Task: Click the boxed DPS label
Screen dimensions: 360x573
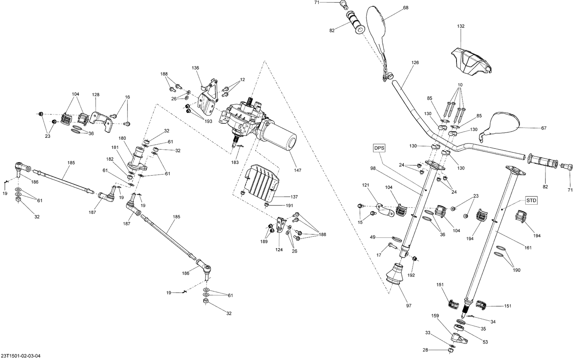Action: [379, 148]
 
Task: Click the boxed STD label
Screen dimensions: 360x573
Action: [531, 200]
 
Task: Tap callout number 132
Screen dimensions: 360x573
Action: [460, 26]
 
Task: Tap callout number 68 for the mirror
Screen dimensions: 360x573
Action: [406, 8]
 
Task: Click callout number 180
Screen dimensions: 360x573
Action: [122, 138]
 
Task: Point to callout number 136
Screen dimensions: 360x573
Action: [195, 68]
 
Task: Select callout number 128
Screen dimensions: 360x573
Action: [95, 94]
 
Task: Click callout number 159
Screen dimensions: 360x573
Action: [435, 316]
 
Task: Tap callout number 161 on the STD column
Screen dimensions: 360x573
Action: [528, 248]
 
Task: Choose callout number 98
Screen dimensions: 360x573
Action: [373, 168]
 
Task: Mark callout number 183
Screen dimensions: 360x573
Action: [235, 162]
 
